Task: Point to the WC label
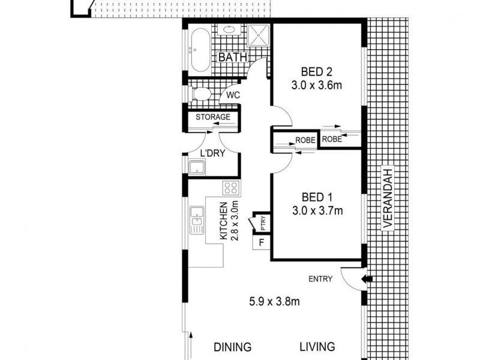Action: pos(233,95)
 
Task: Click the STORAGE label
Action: pos(212,116)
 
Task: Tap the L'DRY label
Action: pos(212,154)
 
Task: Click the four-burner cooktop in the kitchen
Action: pos(230,189)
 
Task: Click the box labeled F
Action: pos(261,243)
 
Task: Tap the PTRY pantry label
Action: pos(263,223)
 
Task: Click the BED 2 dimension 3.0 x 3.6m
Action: pos(317,85)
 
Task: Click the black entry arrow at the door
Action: pos(368,279)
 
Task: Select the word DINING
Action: pos(232,347)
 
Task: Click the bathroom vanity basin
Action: pos(230,31)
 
